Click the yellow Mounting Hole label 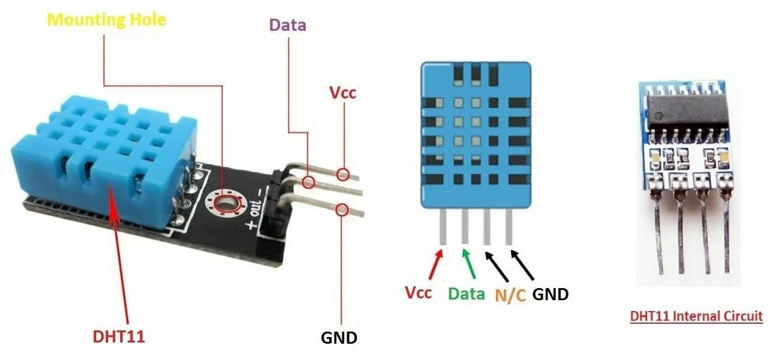pyautogui.click(x=106, y=19)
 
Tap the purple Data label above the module pyautogui.click(x=288, y=25)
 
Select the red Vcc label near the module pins pyautogui.click(x=343, y=93)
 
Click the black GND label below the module pyautogui.click(x=339, y=337)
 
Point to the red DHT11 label pyautogui.click(x=119, y=337)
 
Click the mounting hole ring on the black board pyautogui.click(x=225, y=201)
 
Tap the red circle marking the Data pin pyautogui.click(x=309, y=181)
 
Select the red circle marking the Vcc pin pyautogui.click(x=344, y=174)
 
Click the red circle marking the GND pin pyautogui.click(x=342, y=210)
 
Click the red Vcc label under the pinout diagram pyautogui.click(x=418, y=293)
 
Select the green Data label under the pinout pyautogui.click(x=466, y=294)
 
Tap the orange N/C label pyautogui.click(x=510, y=296)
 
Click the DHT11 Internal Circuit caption pyautogui.click(x=696, y=316)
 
